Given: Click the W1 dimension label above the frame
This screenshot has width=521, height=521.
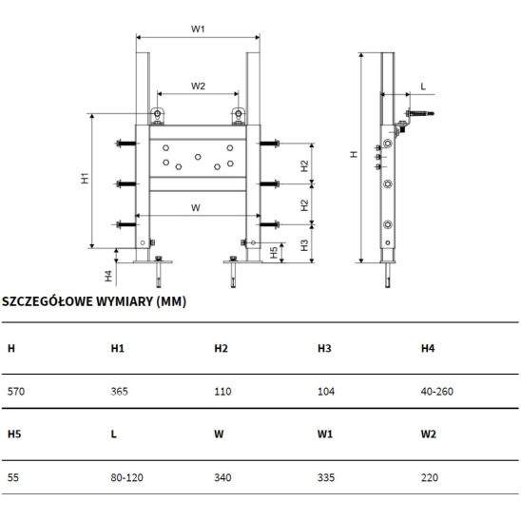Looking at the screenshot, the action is click(x=198, y=29).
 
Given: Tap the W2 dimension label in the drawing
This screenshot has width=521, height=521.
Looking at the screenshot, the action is click(x=198, y=87).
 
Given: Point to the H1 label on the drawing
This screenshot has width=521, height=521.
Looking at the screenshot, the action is click(x=85, y=178).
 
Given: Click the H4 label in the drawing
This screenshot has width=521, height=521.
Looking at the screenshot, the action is click(x=108, y=276).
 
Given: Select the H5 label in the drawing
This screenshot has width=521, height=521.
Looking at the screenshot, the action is click(x=274, y=252).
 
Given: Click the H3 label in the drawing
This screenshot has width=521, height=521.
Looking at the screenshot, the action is click(x=304, y=245).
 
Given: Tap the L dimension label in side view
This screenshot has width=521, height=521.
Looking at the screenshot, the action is click(x=423, y=87).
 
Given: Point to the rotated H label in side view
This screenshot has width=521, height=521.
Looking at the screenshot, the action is click(x=354, y=154).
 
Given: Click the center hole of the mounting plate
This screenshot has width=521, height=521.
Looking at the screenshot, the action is click(x=198, y=157).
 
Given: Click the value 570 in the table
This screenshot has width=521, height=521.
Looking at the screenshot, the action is click(x=16, y=392).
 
